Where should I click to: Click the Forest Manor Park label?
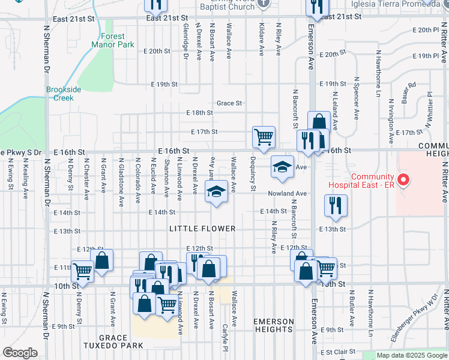coord(113,40)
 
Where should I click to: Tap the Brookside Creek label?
coord(64,94)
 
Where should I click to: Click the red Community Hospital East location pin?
coord(404,179)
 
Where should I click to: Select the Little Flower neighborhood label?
coord(202,229)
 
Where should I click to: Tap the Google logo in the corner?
coord(19,353)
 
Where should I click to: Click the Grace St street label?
coord(229,103)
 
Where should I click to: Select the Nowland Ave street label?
coord(288,193)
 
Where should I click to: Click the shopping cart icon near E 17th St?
coord(264,137)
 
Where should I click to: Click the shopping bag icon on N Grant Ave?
coord(102,260)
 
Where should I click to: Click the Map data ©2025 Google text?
coord(412,355)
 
